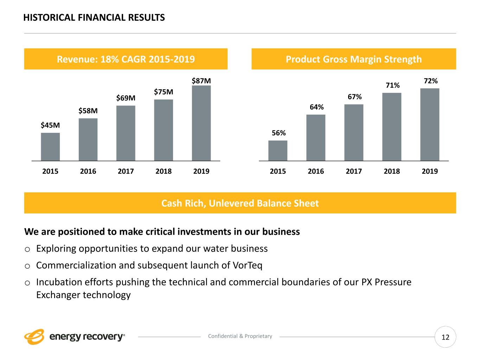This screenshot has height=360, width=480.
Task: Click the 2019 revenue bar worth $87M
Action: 201,123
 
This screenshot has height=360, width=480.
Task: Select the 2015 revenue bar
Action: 50,147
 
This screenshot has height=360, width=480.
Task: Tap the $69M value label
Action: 126,98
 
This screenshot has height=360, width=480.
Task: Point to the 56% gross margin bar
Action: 278,150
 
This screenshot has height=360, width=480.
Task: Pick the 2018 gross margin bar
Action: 392,127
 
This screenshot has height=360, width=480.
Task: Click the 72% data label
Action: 430,81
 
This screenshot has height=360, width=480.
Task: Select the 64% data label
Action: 316,107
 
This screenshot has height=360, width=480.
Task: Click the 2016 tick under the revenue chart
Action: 88,171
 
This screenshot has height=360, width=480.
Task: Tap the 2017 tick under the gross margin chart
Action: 354,171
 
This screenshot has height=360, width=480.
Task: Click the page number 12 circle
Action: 445,337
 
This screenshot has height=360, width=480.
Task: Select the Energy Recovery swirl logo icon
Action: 34,337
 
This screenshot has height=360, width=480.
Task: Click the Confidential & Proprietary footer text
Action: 240,336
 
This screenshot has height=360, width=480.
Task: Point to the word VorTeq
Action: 248,265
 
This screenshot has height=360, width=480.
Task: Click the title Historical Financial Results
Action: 94,18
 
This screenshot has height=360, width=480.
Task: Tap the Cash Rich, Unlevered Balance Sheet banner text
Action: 240,203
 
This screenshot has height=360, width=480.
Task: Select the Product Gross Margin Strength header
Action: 353,59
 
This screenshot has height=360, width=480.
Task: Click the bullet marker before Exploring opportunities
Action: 27,249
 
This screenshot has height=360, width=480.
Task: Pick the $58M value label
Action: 88,111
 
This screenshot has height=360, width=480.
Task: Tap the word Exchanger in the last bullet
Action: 58,295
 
